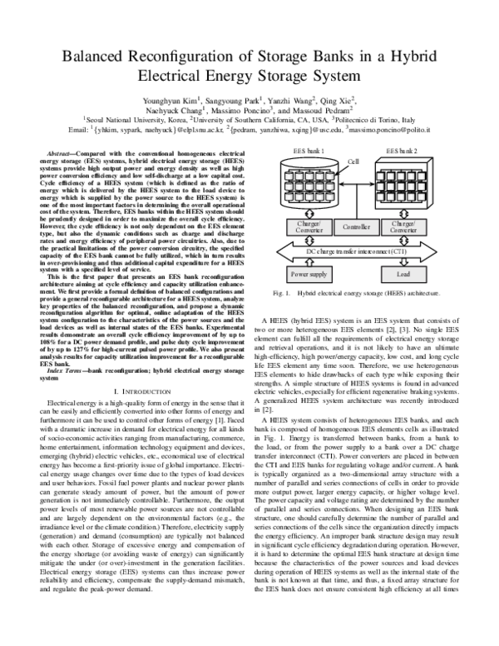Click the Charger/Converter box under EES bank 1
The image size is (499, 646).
[x=306, y=226]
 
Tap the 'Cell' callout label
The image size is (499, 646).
[x=353, y=161]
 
